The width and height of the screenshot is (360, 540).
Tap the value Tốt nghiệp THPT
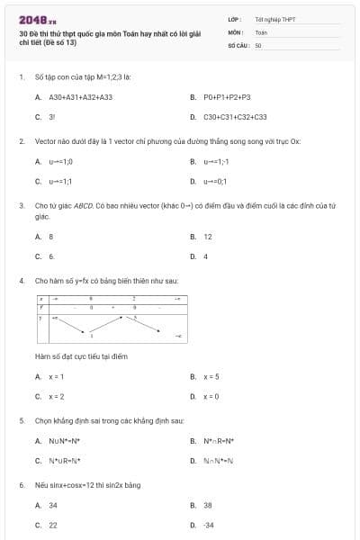[x=274, y=18]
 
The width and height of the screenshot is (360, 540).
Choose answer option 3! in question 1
[x=52, y=117]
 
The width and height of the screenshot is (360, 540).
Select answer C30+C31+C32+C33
[x=235, y=117]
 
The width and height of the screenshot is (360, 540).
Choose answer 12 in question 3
[x=208, y=237]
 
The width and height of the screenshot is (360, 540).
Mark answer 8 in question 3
[x=51, y=237]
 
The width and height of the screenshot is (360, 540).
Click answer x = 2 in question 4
[x=56, y=396]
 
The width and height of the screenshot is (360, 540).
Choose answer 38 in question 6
[x=208, y=505]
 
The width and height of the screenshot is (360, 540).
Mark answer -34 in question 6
[x=209, y=525]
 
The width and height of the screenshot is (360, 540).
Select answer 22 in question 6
[x=53, y=525]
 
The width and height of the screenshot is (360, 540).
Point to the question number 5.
[x=21, y=420]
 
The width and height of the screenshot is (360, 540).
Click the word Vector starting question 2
[x=46, y=141]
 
